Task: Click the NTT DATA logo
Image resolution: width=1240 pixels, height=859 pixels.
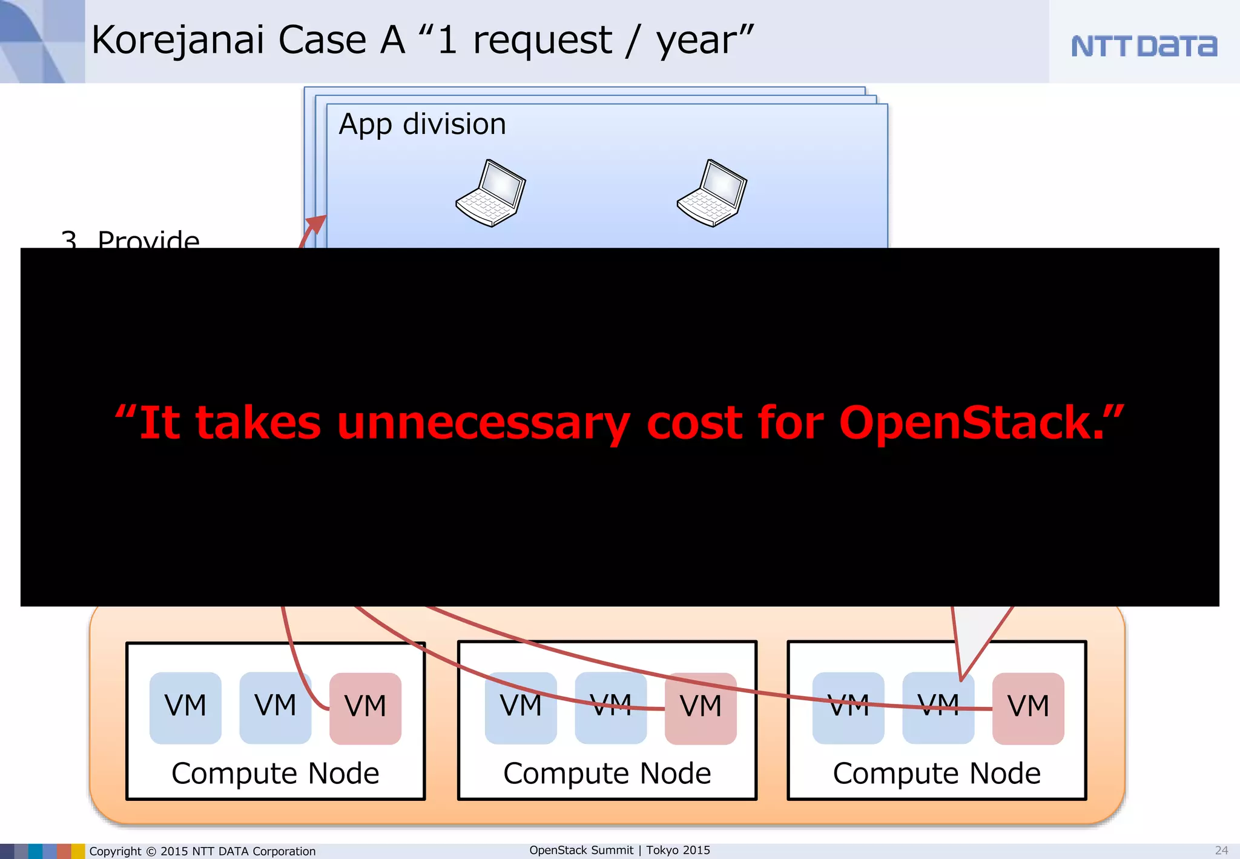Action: coord(1143,46)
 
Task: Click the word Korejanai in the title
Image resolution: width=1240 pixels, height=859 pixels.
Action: coord(177,41)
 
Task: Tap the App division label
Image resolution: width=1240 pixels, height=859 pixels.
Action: coord(422,124)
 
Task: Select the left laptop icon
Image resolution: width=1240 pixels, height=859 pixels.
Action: coord(491,193)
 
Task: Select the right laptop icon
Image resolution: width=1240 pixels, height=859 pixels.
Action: coord(712,193)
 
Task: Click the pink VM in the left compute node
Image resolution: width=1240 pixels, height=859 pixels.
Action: coord(365,708)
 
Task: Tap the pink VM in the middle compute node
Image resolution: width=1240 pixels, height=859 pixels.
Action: coord(701,708)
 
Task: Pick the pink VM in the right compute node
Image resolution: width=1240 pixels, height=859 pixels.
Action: coord(1028,708)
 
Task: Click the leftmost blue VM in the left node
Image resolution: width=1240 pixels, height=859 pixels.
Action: coord(185,708)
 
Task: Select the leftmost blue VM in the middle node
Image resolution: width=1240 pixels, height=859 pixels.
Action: coord(521,708)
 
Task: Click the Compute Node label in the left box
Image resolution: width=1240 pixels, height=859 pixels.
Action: coord(275,774)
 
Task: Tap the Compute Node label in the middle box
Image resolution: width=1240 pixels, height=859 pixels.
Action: coord(607,774)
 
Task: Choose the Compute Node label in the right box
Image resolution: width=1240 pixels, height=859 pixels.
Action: coord(937,774)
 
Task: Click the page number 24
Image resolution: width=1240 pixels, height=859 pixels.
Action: coord(1221,851)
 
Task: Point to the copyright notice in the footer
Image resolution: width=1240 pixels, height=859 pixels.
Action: coord(202,851)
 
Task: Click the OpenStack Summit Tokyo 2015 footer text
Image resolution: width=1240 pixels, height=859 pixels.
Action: coord(619,850)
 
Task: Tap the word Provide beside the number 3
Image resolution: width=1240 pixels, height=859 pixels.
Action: coord(148,239)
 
